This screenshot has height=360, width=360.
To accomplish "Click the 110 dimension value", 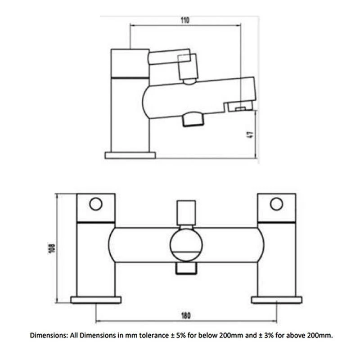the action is coord(185,20).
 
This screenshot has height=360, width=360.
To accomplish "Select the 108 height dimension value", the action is coord(52,248).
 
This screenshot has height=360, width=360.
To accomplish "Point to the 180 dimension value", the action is coord(186,316).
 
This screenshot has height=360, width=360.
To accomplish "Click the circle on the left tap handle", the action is coord(96,204).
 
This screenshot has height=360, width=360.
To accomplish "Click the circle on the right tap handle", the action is coord(276,204).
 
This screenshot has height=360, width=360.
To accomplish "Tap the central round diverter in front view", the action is coord(186,245).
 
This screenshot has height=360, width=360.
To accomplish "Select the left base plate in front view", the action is coord(96,300).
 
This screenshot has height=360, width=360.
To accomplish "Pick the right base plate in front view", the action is coord(277,300).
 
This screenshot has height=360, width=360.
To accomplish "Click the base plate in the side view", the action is coord(130,155).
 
